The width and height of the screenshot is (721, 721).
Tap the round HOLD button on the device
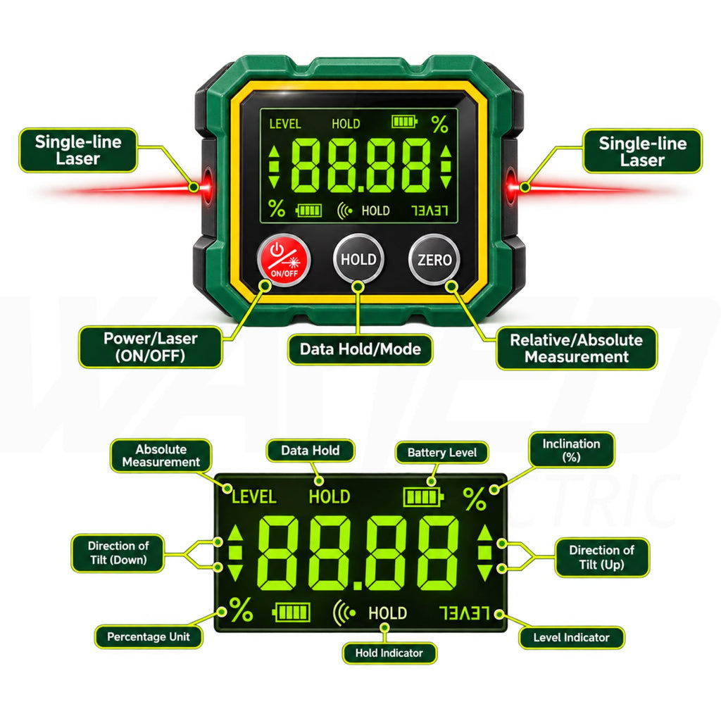click(x=358, y=259)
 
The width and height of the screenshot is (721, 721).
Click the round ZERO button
click(x=434, y=260)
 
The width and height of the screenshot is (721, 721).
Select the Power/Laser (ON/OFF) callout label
click(x=151, y=346)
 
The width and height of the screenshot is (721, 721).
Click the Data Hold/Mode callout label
click(x=360, y=349)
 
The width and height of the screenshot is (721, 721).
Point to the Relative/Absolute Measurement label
click(x=577, y=348)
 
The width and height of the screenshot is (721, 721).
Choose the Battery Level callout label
click(x=442, y=453)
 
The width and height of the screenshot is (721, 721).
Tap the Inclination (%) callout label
click(x=571, y=450)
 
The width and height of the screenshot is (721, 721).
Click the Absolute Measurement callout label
click(x=161, y=456)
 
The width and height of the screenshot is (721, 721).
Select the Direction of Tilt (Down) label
click(x=118, y=553)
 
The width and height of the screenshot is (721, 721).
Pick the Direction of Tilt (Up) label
click(x=601, y=558)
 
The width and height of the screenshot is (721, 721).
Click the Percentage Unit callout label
click(x=148, y=637)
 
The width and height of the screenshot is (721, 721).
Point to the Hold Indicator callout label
click(x=389, y=653)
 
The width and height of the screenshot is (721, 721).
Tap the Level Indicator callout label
click(x=571, y=638)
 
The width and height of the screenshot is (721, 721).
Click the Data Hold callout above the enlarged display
click(x=311, y=451)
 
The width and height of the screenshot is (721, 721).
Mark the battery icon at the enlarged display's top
click(x=423, y=497)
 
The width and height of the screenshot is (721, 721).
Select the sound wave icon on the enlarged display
click(x=344, y=613)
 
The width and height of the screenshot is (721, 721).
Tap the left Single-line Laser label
click(x=78, y=151)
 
